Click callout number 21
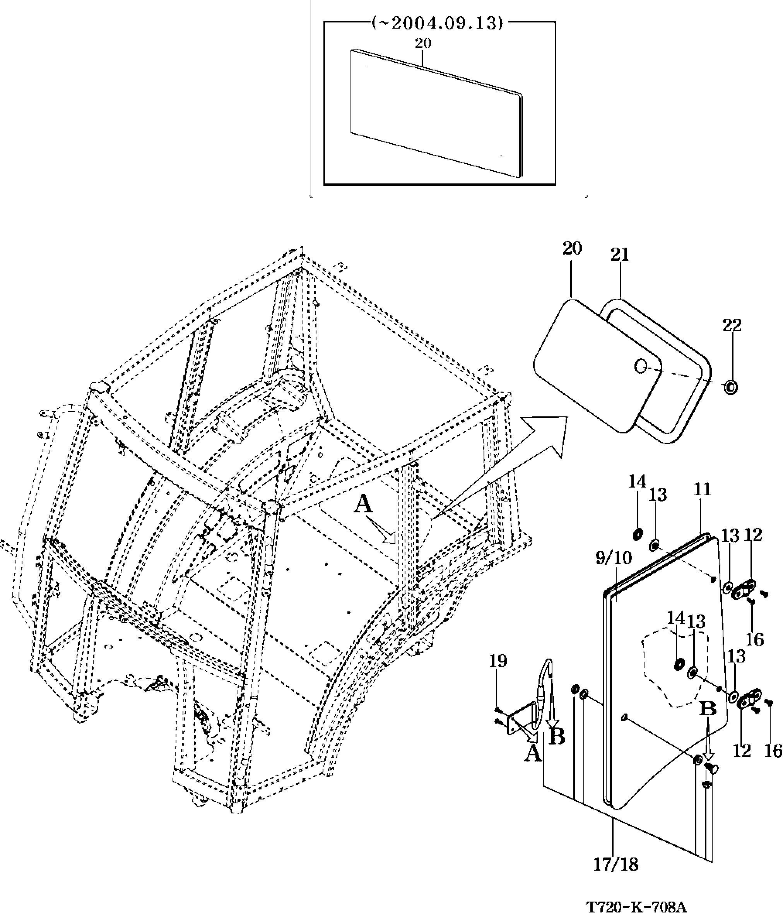tap(620, 255)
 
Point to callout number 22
tap(732, 325)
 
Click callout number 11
tap(702, 489)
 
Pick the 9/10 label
tap(614, 558)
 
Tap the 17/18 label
tap(616, 864)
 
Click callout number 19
tap(497, 661)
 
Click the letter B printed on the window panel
tap(708, 709)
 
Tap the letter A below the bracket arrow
tap(532, 754)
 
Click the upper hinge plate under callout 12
tap(744, 590)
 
